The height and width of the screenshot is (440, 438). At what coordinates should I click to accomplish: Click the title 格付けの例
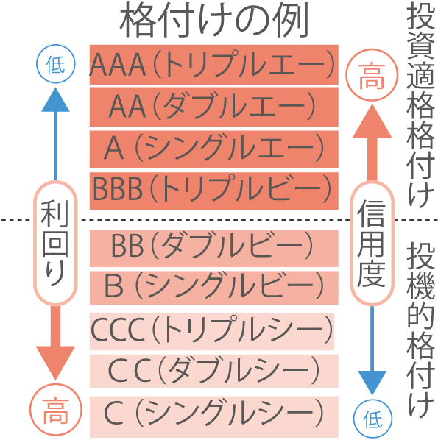point(214,20)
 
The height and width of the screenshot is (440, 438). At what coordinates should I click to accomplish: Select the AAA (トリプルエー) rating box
point(214,65)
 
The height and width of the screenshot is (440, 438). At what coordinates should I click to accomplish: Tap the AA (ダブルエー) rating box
point(214,107)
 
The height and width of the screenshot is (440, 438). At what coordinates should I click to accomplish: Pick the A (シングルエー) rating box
point(214,149)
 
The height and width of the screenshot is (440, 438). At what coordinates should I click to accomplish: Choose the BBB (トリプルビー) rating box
point(214,191)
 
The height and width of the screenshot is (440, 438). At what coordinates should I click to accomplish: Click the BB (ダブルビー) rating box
point(214,248)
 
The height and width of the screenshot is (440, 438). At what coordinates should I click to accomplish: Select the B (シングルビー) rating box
point(214,288)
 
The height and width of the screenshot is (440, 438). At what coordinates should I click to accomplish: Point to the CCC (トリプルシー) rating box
point(212,331)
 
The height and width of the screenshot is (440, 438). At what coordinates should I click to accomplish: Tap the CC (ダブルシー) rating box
point(214,371)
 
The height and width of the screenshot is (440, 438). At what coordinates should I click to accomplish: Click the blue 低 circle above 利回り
point(56,64)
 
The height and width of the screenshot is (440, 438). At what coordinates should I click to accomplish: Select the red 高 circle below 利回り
point(56,410)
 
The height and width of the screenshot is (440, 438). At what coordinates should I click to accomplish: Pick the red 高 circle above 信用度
point(372,75)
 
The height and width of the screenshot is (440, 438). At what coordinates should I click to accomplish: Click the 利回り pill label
point(55,243)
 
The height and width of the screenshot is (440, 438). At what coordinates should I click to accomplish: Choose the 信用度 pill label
point(372,243)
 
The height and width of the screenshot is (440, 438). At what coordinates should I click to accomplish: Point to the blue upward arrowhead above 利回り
point(55,99)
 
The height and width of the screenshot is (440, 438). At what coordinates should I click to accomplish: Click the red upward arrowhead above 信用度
point(372,121)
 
